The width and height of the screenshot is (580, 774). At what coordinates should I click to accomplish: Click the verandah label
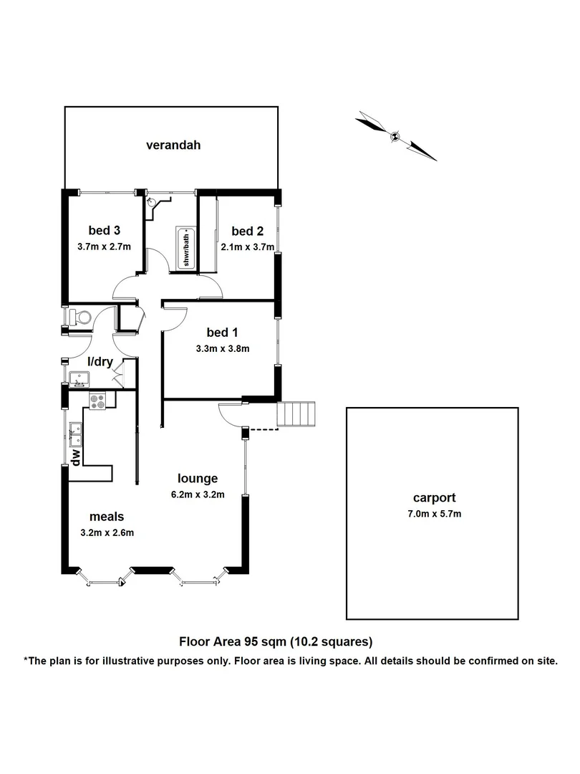173,145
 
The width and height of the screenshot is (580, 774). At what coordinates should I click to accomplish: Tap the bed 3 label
104,230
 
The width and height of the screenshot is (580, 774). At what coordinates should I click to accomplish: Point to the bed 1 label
221,333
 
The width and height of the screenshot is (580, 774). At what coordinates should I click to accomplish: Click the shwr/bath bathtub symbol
185,248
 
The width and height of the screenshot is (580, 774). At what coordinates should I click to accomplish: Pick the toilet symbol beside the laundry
78,316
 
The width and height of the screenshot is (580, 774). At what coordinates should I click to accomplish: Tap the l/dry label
100,362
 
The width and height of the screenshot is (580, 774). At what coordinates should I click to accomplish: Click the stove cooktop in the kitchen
97,401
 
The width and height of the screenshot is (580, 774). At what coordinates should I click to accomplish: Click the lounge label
198,479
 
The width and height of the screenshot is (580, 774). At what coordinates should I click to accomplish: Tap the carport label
434,497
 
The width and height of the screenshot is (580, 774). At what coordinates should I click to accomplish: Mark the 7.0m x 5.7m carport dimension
434,514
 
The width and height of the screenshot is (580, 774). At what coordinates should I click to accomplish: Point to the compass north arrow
395,135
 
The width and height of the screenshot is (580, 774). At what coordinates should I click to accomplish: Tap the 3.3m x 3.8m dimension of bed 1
221,349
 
